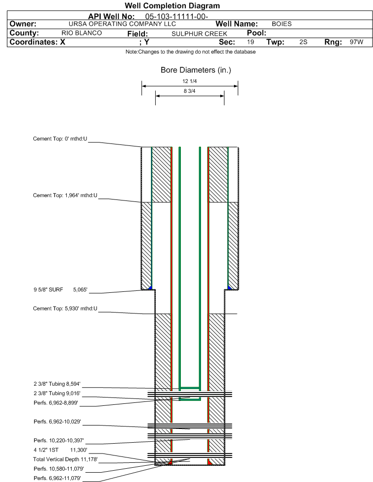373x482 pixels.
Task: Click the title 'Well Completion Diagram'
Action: pos(172,6)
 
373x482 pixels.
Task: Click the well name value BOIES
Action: pos(282,24)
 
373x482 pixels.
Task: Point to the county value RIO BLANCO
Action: pos(82,33)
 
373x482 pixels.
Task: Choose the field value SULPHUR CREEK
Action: pos(200,33)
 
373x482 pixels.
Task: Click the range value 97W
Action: pos(356,42)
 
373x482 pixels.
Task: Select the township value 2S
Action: pos(303,42)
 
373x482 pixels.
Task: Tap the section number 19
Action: pos(251,42)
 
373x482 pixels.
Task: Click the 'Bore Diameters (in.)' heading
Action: pos(196,70)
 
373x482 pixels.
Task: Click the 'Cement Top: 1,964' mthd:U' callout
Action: pos(65,196)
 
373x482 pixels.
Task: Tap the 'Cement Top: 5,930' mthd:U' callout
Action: pos(65,309)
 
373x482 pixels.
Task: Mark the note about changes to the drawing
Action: pos(191,52)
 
